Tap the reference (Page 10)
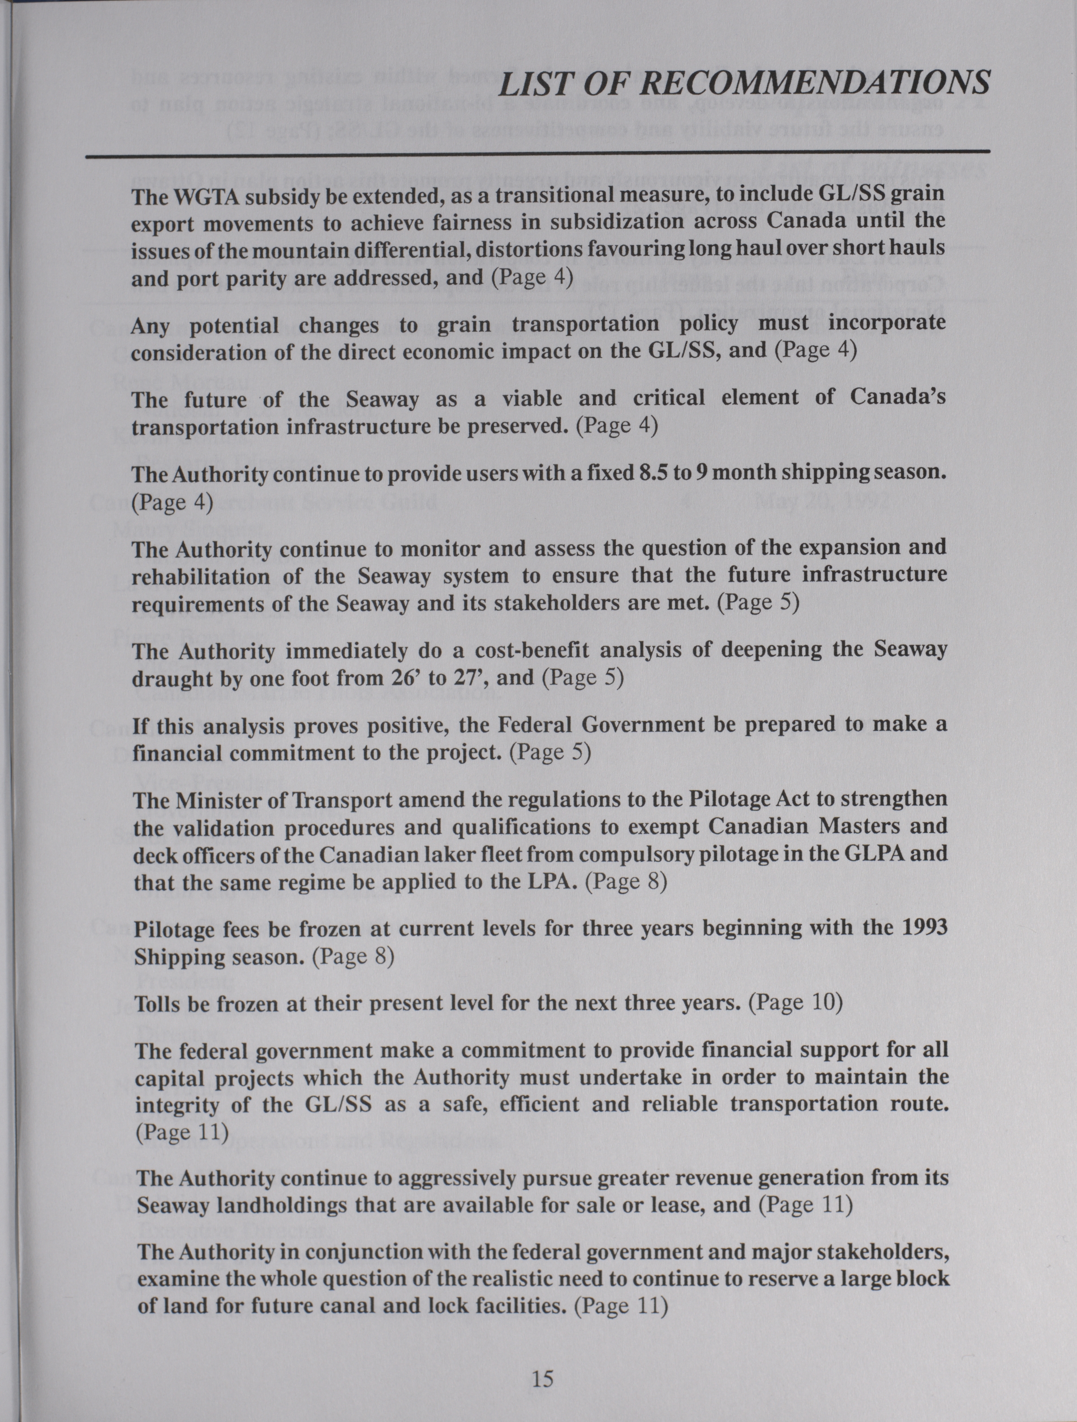(796, 1003)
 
